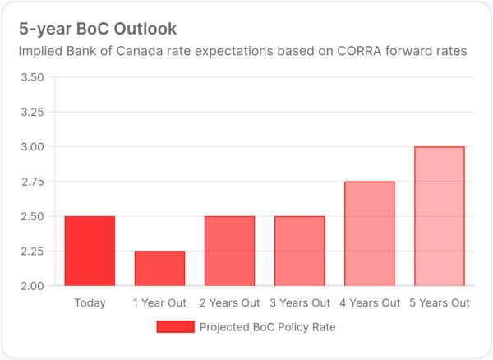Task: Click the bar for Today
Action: [x=90, y=251]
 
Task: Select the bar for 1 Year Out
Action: [x=159, y=268]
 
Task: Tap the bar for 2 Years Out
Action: [x=229, y=251]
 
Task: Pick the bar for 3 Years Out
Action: [x=299, y=251]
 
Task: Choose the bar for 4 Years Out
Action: [x=369, y=233]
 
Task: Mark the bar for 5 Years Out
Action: [x=439, y=216]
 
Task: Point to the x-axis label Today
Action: [x=90, y=303]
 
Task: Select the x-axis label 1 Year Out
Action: [x=159, y=303]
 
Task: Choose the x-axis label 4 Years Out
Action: [x=369, y=303]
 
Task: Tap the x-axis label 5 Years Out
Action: [x=439, y=303]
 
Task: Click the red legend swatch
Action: [x=175, y=327]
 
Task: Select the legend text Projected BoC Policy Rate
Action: [x=268, y=327]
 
